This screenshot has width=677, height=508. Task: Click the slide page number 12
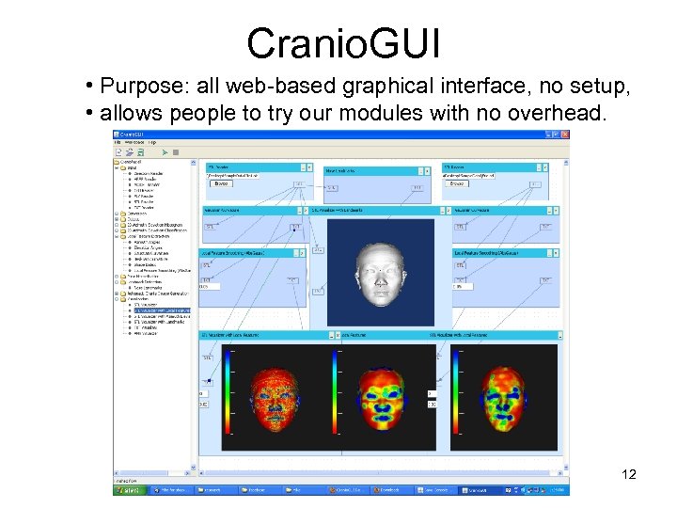click(x=629, y=474)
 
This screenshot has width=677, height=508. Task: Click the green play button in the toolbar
click(x=165, y=151)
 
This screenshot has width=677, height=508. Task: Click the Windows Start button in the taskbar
click(x=128, y=490)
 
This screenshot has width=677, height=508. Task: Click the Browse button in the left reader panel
click(x=223, y=184)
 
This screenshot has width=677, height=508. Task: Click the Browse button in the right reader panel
click(x=457, y=184)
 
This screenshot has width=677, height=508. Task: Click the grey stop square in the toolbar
click(x=175, y=151)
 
